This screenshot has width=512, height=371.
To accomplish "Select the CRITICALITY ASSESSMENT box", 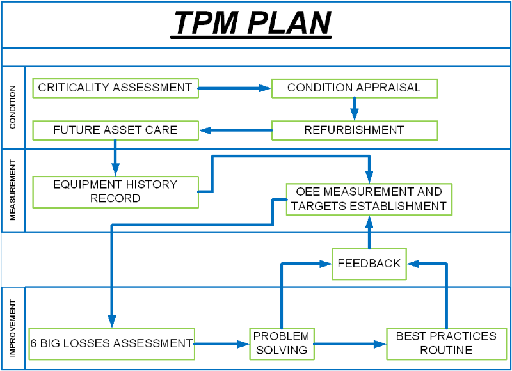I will [x=115, y=88].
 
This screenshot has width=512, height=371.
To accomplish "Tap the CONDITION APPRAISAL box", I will [x=354, y=88].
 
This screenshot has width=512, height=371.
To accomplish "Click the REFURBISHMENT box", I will [x=354, y=130].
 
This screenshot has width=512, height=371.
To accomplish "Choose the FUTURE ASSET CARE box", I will [x=115, y=130].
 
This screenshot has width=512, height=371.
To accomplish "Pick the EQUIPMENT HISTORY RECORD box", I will [x=115, y=192].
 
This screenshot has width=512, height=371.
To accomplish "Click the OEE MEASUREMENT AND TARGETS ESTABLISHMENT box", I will [x=369, y=199].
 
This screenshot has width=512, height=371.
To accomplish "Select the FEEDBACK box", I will [x=369, y=264].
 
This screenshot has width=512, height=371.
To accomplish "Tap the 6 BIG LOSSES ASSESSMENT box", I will [x=111, y=343].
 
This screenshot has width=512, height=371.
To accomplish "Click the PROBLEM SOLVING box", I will [x=281, y=343].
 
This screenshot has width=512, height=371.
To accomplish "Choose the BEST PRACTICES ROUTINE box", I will [x=445, y=343].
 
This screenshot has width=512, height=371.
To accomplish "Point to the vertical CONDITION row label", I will [x=13, y=107].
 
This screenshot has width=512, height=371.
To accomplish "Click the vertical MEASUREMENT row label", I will [x=13, y=191].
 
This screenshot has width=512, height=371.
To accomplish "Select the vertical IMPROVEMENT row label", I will [x=13, y=328].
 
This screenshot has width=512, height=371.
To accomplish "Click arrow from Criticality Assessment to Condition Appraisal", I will [x=234, y=88].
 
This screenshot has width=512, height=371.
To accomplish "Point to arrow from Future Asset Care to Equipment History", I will [x=115, y=157].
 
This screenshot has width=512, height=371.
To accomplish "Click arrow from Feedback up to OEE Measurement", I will [x=369, y=232].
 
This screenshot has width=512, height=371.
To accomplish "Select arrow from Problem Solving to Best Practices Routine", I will [x=349, y=344].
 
